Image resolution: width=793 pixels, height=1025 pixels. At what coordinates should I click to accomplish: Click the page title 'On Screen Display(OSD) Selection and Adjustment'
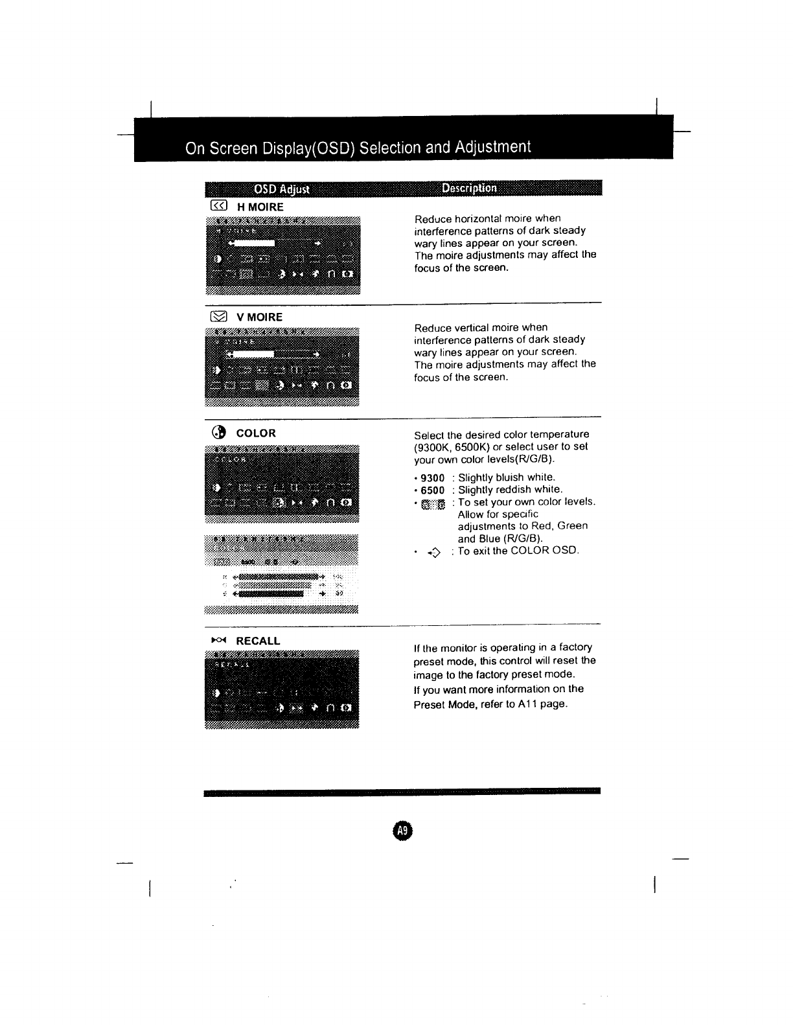pyautogui.click(x=358, y=148)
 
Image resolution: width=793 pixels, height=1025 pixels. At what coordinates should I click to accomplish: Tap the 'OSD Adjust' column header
pyautogui.click(x=282, y=189)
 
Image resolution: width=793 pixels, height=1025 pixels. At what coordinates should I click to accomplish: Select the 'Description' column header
pyautogui.click(x=469, y=188)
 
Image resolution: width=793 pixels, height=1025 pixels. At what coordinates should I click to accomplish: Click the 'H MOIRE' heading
pyautogui.click(x=260, y=207)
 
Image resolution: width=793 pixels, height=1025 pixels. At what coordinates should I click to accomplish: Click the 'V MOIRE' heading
pyautogui.click(x=259, y=317)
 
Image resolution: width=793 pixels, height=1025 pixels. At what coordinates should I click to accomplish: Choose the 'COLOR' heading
pyautogui.click(x=256, y=433)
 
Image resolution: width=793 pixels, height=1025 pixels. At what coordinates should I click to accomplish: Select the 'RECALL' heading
pyautogui.click(x=258, y=641)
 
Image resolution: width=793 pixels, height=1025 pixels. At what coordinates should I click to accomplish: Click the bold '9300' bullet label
pyautogui.click(x=433, y=478)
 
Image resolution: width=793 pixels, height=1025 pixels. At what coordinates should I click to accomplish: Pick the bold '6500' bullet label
pyautogui.click(x=433, y=490)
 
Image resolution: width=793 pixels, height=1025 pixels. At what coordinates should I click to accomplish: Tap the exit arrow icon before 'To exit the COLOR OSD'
pyautogui.click(x=433, y=552)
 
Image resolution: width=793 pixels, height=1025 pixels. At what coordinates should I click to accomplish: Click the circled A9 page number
pyautogui.click(x=402, y=831)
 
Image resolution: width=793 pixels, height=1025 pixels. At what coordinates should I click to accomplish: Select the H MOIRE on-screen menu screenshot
pyautogui.click(x=282, y=255)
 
